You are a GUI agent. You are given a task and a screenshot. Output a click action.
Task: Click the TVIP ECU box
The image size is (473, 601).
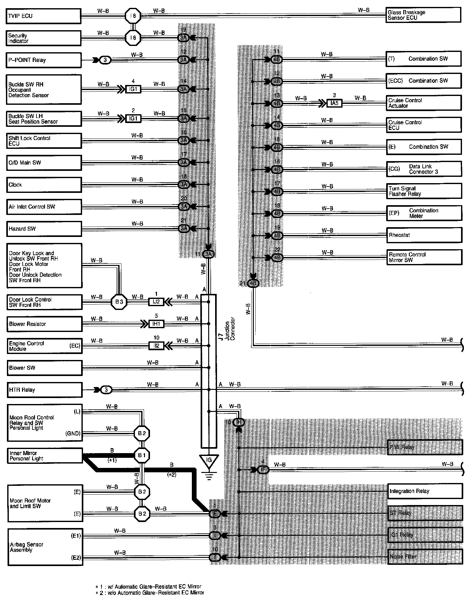43,16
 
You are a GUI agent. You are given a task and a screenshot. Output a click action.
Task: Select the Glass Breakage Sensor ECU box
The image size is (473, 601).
423,15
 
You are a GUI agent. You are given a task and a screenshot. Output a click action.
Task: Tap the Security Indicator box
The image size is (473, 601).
43,38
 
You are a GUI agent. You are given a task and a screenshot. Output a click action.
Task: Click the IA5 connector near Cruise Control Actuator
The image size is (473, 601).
334,103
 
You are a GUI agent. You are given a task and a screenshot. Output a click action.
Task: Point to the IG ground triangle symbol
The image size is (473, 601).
209,461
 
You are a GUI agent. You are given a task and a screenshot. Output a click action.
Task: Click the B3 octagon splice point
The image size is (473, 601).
119,302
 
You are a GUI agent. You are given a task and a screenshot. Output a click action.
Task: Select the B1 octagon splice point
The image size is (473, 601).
142,455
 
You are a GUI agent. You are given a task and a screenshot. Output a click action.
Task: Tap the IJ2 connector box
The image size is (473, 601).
156,302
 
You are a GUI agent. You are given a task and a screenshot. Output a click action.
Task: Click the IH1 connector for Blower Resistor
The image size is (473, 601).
156,324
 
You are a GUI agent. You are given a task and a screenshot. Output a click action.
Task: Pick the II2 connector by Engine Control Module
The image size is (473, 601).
156,346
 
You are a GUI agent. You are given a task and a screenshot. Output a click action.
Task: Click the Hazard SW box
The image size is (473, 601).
44,229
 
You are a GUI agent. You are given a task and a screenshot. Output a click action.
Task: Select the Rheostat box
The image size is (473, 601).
424,235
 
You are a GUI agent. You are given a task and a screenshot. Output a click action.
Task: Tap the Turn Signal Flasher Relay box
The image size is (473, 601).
424,191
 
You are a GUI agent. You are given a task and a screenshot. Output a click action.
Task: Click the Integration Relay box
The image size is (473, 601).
425,491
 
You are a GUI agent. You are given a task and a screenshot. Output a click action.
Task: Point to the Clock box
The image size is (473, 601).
44,185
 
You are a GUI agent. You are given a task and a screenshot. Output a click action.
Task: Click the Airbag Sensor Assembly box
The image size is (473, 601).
45,547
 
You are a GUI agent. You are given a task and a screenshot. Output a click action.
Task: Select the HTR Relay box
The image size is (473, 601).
44,390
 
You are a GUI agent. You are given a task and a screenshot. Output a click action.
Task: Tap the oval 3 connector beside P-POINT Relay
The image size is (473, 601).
105,60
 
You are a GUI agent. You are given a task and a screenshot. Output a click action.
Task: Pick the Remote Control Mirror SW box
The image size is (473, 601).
424,257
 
